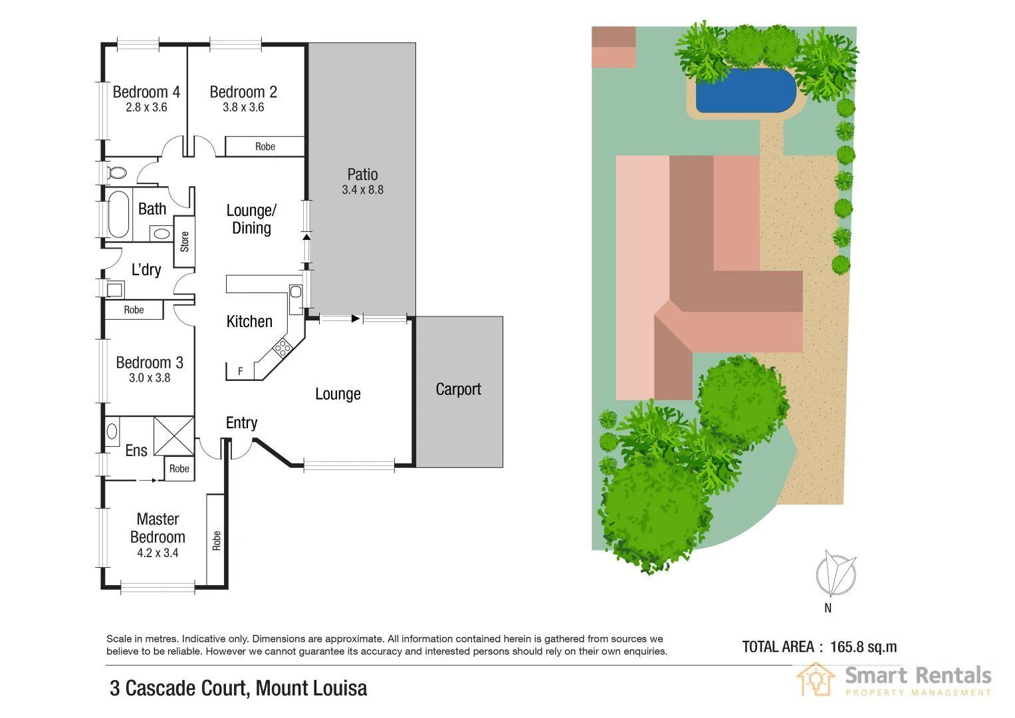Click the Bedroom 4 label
[146, 92]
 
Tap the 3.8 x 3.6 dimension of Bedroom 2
[243, 107]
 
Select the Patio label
[362, 174]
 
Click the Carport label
[458, 389]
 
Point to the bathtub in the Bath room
[118, 215]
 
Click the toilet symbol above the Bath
[116, 173]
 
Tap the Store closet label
[185, 241]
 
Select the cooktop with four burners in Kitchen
[282, 348]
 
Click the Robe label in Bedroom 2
[265, 146]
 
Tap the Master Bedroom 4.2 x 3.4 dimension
[158, 552]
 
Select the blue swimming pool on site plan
[746, 90]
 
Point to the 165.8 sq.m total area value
[863, 646]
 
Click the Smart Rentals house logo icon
[816, 679]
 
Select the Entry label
[241, 423]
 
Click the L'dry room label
[146, 269]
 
